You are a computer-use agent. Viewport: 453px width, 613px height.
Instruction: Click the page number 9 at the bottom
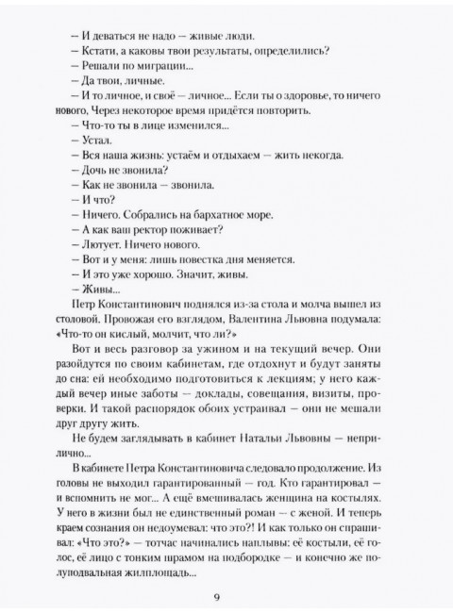click(x=226, y=593)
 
